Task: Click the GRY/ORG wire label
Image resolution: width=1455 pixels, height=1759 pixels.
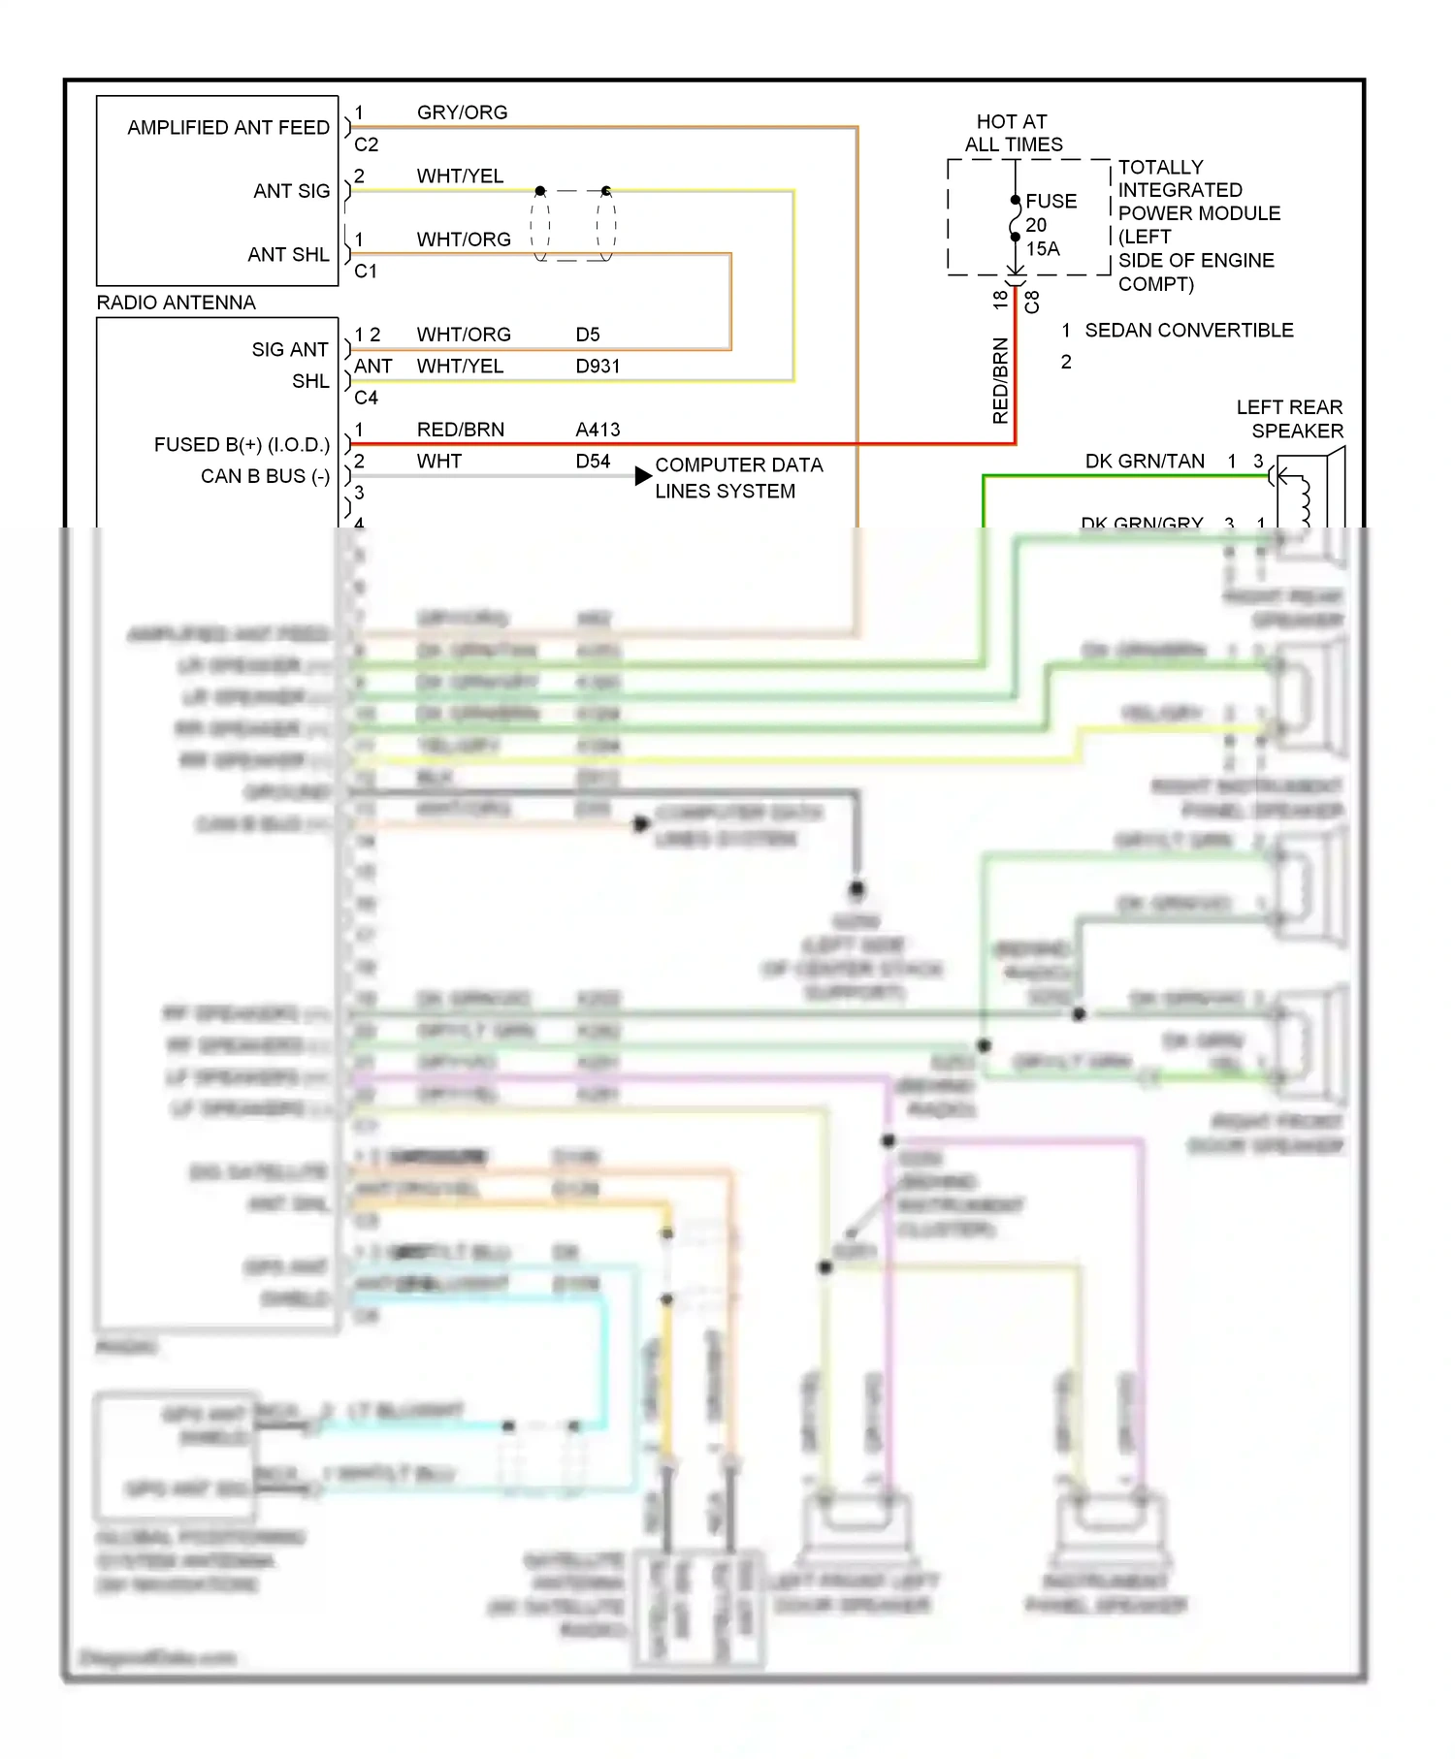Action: point(462,112)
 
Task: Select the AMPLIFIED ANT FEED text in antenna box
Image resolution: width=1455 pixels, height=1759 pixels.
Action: point(228,128)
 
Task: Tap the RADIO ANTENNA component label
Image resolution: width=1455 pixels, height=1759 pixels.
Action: point(176,303)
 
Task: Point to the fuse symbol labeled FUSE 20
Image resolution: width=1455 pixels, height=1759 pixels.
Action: point(1015,219)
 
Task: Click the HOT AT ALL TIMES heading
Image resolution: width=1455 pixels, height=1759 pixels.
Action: point(1013,133)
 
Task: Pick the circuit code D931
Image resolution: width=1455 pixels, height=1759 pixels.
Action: point(597,367)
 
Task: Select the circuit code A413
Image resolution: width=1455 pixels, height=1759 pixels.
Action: point(597,430)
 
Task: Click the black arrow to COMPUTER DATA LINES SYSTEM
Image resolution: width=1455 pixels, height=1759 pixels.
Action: point(642,476)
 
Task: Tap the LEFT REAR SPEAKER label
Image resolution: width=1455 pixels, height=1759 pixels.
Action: point(1290,419)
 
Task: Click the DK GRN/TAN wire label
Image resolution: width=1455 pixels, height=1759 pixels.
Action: point(1145,462)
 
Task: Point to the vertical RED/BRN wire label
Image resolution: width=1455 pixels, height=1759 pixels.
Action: point(1000,380)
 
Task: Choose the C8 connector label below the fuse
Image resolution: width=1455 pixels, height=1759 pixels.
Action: point(1032,302)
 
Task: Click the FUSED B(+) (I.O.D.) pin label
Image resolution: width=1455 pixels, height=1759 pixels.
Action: point(242,445)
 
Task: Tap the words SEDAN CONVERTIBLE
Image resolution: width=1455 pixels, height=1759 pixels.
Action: point(1188,331)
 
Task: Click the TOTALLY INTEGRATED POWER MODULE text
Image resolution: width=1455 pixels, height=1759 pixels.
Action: point(1198,202)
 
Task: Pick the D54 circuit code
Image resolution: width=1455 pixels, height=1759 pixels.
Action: point(593,462)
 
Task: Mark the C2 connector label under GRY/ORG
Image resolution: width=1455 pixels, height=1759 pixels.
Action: point(366,144)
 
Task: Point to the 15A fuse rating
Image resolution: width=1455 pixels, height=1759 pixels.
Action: point(1043,249)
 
